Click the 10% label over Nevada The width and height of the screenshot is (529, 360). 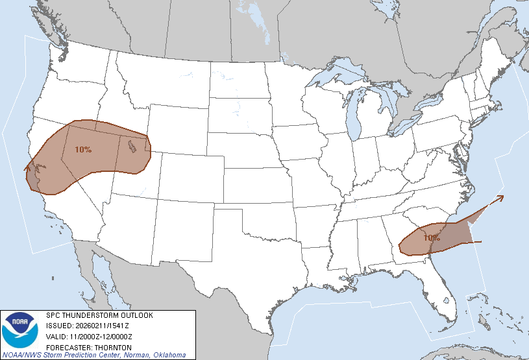pyautogui.click(x=83, y=150)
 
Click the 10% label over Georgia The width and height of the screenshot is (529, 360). pyautogui.click(x=432, y=237)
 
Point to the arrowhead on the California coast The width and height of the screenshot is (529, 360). pyautogui.click(x=27, y=167)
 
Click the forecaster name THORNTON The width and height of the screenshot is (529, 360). pyautogui.click(x=108, y=347)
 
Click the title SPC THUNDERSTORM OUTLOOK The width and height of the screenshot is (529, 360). pyautogui.click(x=99, y=315)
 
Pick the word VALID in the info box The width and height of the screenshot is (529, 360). pyautogui.click(x=55, y=337)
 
